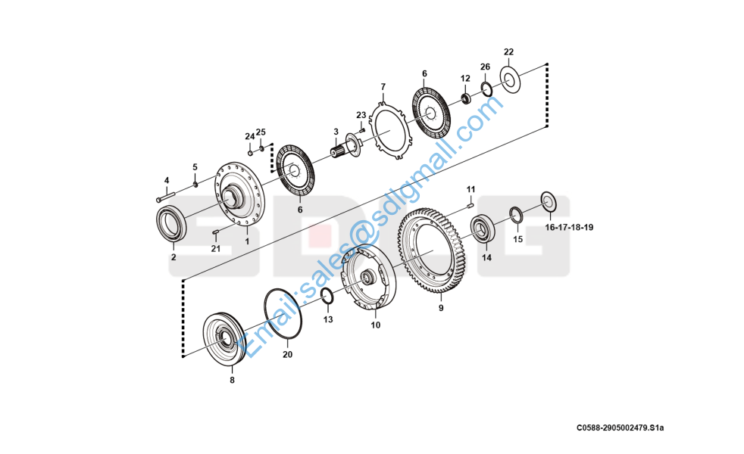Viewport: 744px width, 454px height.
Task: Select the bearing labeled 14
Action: pos(483,229)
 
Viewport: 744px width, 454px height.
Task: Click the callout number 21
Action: pos(215,248)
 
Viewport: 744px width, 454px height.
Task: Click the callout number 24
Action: pos(249,136)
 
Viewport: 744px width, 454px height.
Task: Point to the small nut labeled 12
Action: pos(466,98)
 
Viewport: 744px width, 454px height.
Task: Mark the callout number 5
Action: pos(195,166)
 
